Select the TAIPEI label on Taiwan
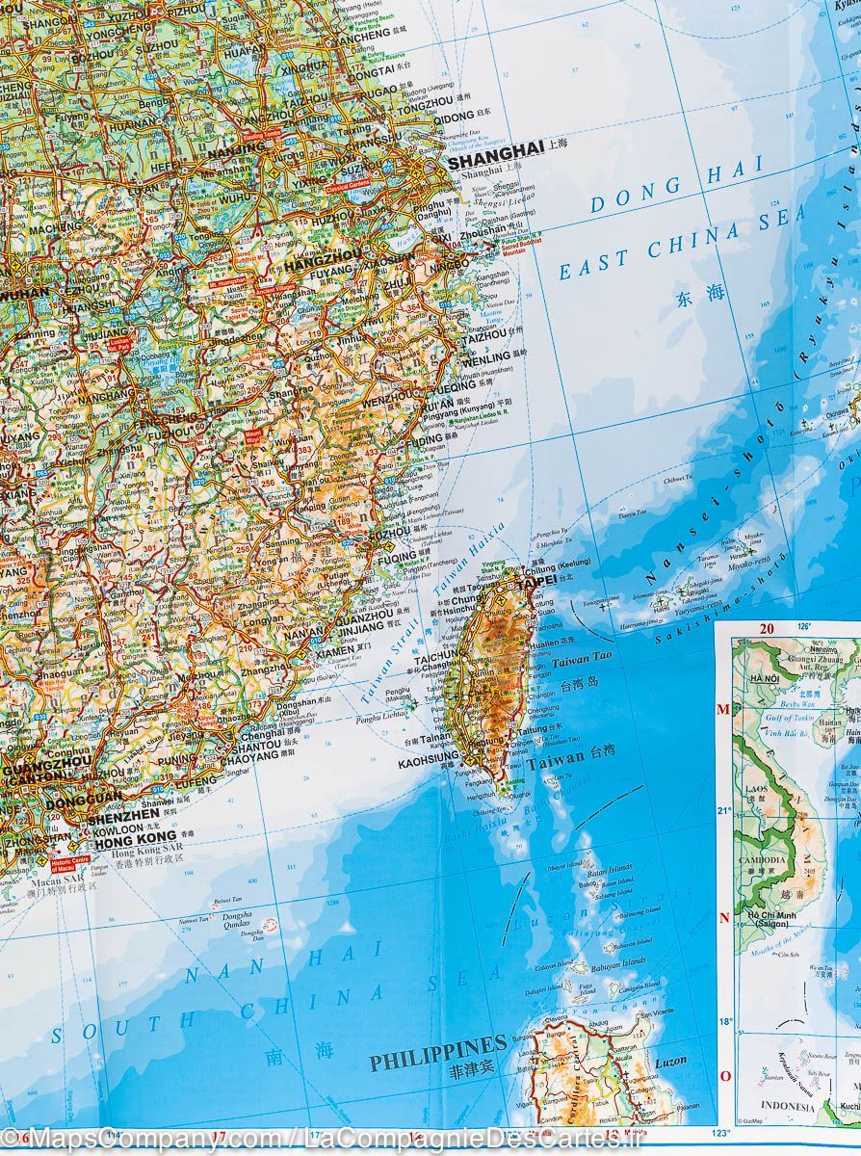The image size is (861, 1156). tap(536, 582)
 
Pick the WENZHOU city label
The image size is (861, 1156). tap(391, 397)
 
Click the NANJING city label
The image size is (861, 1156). tap(235, 151)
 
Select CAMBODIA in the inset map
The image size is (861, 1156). tap(763, 860)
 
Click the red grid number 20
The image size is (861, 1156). tap(767, 629)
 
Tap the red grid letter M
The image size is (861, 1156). tap(723, 710)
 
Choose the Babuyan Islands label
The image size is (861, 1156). tap(619, 961)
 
